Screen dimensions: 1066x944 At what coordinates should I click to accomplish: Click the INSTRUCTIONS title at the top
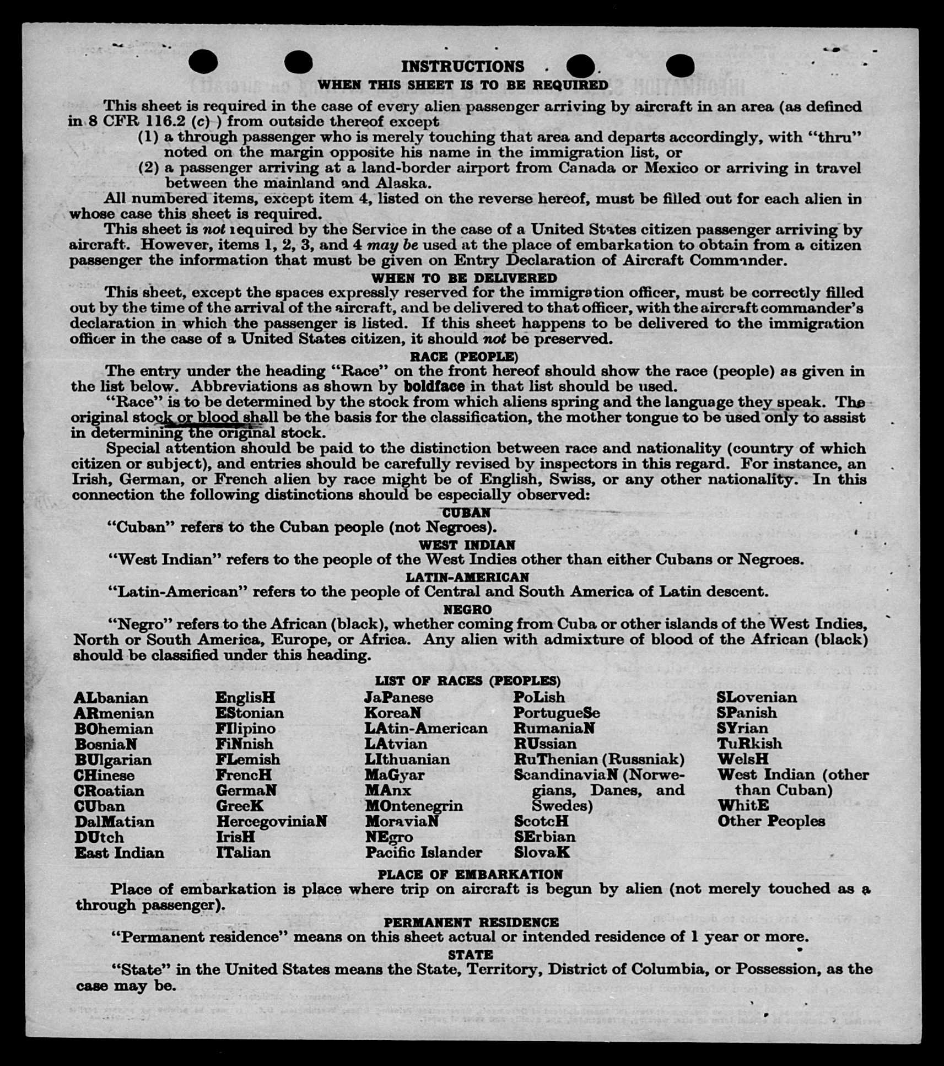pos(462,67)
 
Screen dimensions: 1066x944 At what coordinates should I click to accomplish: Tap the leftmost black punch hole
pos(203,62)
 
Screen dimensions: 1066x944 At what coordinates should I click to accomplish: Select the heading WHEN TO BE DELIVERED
pos(464,278)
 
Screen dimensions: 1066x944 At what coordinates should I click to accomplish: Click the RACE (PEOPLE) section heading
pos(464,357)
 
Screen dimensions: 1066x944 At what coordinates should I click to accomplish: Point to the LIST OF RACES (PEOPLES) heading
pos(467,681)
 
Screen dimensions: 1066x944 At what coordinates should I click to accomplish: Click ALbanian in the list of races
pos(111,698)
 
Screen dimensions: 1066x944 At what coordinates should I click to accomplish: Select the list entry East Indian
pos(119,853)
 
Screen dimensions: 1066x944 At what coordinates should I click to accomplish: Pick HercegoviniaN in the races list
pos(272,821)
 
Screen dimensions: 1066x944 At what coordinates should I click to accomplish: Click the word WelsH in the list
pos(743,759)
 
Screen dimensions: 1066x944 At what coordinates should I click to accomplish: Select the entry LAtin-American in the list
pos(426,728)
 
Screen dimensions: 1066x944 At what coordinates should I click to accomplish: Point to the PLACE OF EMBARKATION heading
pos(470,874)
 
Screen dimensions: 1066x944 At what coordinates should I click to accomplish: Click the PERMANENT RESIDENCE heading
pos(471,922)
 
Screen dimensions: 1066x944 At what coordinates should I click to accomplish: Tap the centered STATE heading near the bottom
pos(470,954)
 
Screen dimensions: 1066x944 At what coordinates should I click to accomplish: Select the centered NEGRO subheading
pos(467,610)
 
